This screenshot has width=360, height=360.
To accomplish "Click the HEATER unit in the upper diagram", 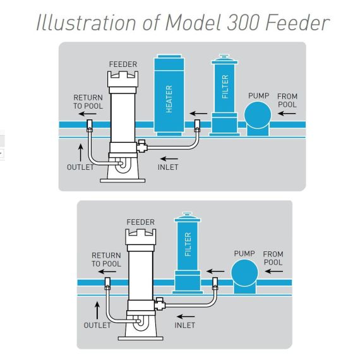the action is point(169,95).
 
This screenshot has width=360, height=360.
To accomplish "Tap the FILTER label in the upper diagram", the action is point(225,87).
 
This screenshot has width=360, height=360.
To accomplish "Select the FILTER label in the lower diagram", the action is point(188,244).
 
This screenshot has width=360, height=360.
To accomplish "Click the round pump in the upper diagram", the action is point(258,115).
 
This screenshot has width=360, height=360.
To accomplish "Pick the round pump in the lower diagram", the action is point(245,273).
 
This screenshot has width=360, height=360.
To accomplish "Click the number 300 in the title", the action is point(243,23).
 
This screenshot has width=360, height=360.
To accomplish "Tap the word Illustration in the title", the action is point(86,22).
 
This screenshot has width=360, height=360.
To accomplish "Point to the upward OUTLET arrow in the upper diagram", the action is point(81,153).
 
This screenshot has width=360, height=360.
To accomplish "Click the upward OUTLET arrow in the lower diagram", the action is point(97,310).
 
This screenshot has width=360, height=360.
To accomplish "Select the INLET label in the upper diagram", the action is point(168,167).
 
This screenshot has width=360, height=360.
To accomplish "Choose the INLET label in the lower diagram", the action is point(185,325).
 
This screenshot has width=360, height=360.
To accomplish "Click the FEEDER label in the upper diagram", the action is point(123,64).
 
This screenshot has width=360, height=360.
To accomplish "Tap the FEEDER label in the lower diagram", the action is point(140,222).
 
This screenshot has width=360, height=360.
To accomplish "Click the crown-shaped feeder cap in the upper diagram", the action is point(123,79).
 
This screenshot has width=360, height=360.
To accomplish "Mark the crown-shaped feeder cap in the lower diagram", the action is point(140,237).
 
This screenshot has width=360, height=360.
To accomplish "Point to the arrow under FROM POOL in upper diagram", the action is point(287,113).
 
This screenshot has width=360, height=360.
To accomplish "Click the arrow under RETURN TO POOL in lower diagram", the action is point(107,272).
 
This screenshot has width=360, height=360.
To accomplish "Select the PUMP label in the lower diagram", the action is point(244,254).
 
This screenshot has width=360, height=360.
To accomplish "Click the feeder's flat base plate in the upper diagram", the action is point(123,181).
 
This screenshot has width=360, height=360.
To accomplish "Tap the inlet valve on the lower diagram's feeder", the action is point(160,304).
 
